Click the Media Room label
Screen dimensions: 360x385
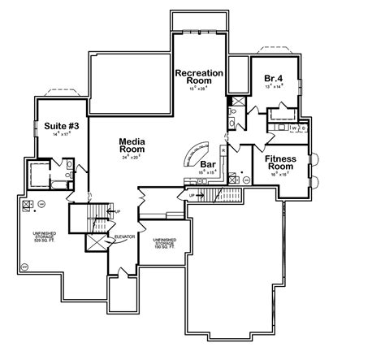pos(132,144)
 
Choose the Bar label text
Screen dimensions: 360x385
pos(207,164)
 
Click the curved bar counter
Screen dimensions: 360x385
pos(197,153)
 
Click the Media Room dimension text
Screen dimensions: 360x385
pos(132,157)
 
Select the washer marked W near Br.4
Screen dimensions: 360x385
pos(292,128)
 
